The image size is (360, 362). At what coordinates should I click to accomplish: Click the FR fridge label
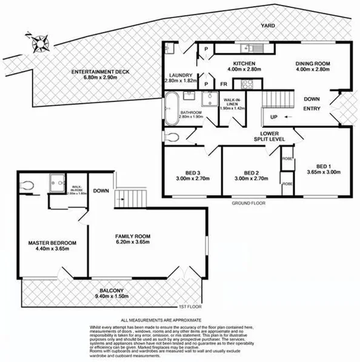tap(223, 84)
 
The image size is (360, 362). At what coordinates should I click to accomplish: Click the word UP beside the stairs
tap(273, 117)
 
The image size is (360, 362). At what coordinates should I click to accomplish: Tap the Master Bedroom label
tap(52, 243)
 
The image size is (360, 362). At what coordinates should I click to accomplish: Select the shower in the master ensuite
tap(58, 180)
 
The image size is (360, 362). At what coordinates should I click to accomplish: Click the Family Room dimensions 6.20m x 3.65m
tap(133, 243)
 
